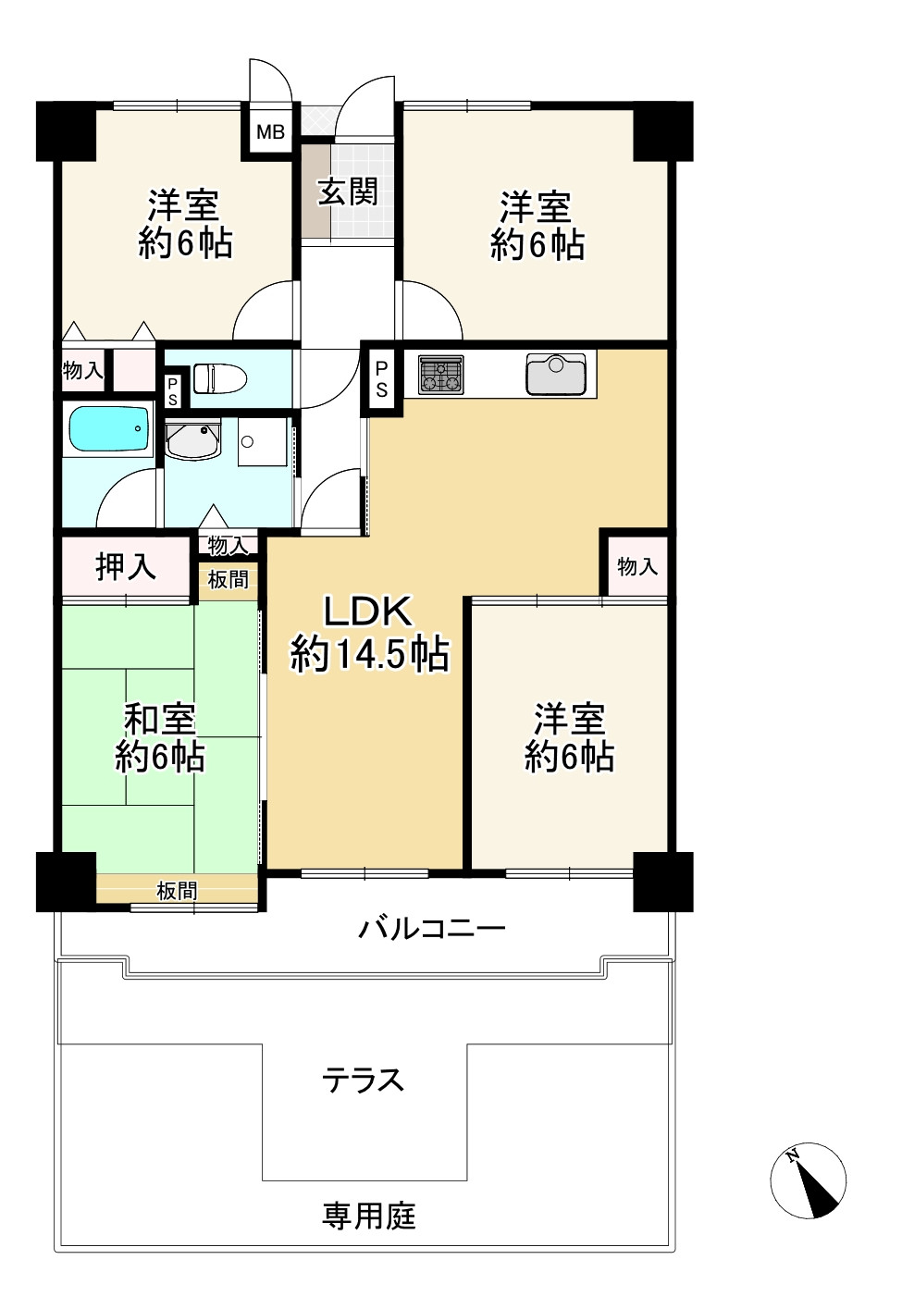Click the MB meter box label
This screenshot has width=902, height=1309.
point(270,132)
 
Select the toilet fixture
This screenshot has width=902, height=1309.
point(219,378)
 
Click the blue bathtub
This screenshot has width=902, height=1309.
point(108,430)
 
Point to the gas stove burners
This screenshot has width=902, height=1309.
point(440,374)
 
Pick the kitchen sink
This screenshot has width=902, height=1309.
point(555,374)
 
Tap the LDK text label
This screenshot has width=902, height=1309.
point(366,612)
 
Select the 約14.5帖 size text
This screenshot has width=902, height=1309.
point(369,655)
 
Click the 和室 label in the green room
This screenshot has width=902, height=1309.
point(160,719)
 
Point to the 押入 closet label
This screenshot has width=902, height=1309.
point(126,566)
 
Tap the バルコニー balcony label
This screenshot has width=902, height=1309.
point(432,927)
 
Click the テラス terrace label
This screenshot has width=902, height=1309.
point(364,1080)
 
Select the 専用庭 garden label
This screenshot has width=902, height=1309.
point(368,1215)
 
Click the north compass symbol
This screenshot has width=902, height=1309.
point(809,1179)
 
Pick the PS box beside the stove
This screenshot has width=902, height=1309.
point(381,378)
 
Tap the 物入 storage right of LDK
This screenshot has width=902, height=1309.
point(636,566)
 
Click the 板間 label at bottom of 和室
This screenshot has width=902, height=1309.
point(176,891)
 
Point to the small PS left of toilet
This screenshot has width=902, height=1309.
point(172,389)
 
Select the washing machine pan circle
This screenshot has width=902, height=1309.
point(247,442)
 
